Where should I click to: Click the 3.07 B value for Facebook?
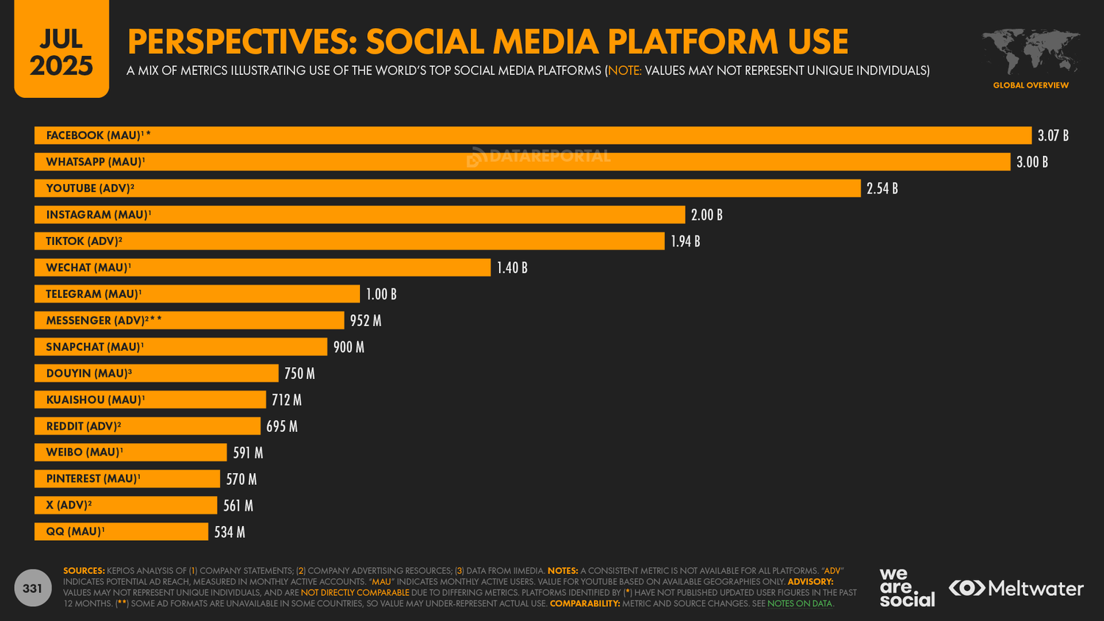(x=1052, y=135)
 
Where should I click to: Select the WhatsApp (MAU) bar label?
(x=95, y=162)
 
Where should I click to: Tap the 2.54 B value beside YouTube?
(x=882, y=188)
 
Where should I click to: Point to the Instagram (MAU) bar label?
(x=98, y=215)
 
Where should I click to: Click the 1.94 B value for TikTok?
(x=684, y=241)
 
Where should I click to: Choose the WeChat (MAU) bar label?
(x=88, y=268)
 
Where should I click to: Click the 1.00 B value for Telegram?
(x=381, y=294)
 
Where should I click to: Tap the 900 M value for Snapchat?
(x=348, y=347)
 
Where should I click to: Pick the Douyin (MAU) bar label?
(x=88, y=374)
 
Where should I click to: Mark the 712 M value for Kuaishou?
(x=286, y=400)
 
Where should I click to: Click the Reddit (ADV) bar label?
(x=83, y=427)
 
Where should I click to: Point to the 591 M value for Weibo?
(x=247, y=453)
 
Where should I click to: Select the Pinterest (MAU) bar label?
(x=93, y=479)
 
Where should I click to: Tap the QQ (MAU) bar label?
(x=75, y=532)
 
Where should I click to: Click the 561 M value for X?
(x=238, y=506)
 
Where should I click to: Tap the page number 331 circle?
(x=32, y=588)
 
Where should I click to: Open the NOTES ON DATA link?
(x=799, y=604)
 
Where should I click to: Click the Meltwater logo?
(x=1016, y=589)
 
